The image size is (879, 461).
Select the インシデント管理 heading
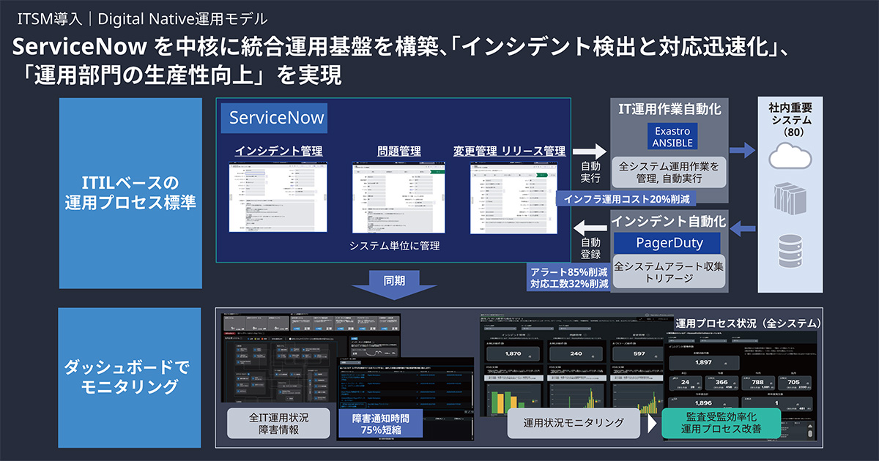click(x=279, y=151)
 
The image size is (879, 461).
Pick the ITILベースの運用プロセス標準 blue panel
click(x=130, y=193)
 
